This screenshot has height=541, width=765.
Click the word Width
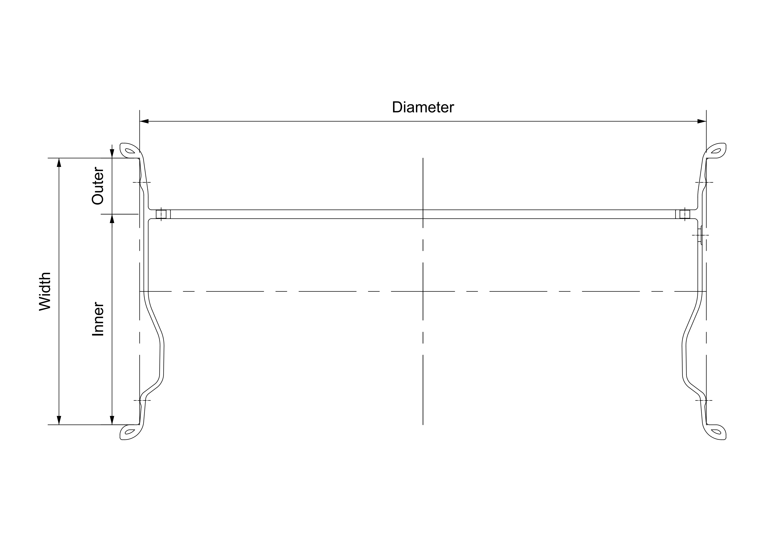45,291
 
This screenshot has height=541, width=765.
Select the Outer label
98,186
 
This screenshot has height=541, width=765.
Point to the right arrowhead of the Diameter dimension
702,121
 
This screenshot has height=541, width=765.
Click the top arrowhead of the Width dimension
59,163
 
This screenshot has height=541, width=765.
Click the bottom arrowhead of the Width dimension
59,420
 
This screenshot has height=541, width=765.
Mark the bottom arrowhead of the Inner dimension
112,420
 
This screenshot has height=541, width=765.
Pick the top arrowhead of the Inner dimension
112,219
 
